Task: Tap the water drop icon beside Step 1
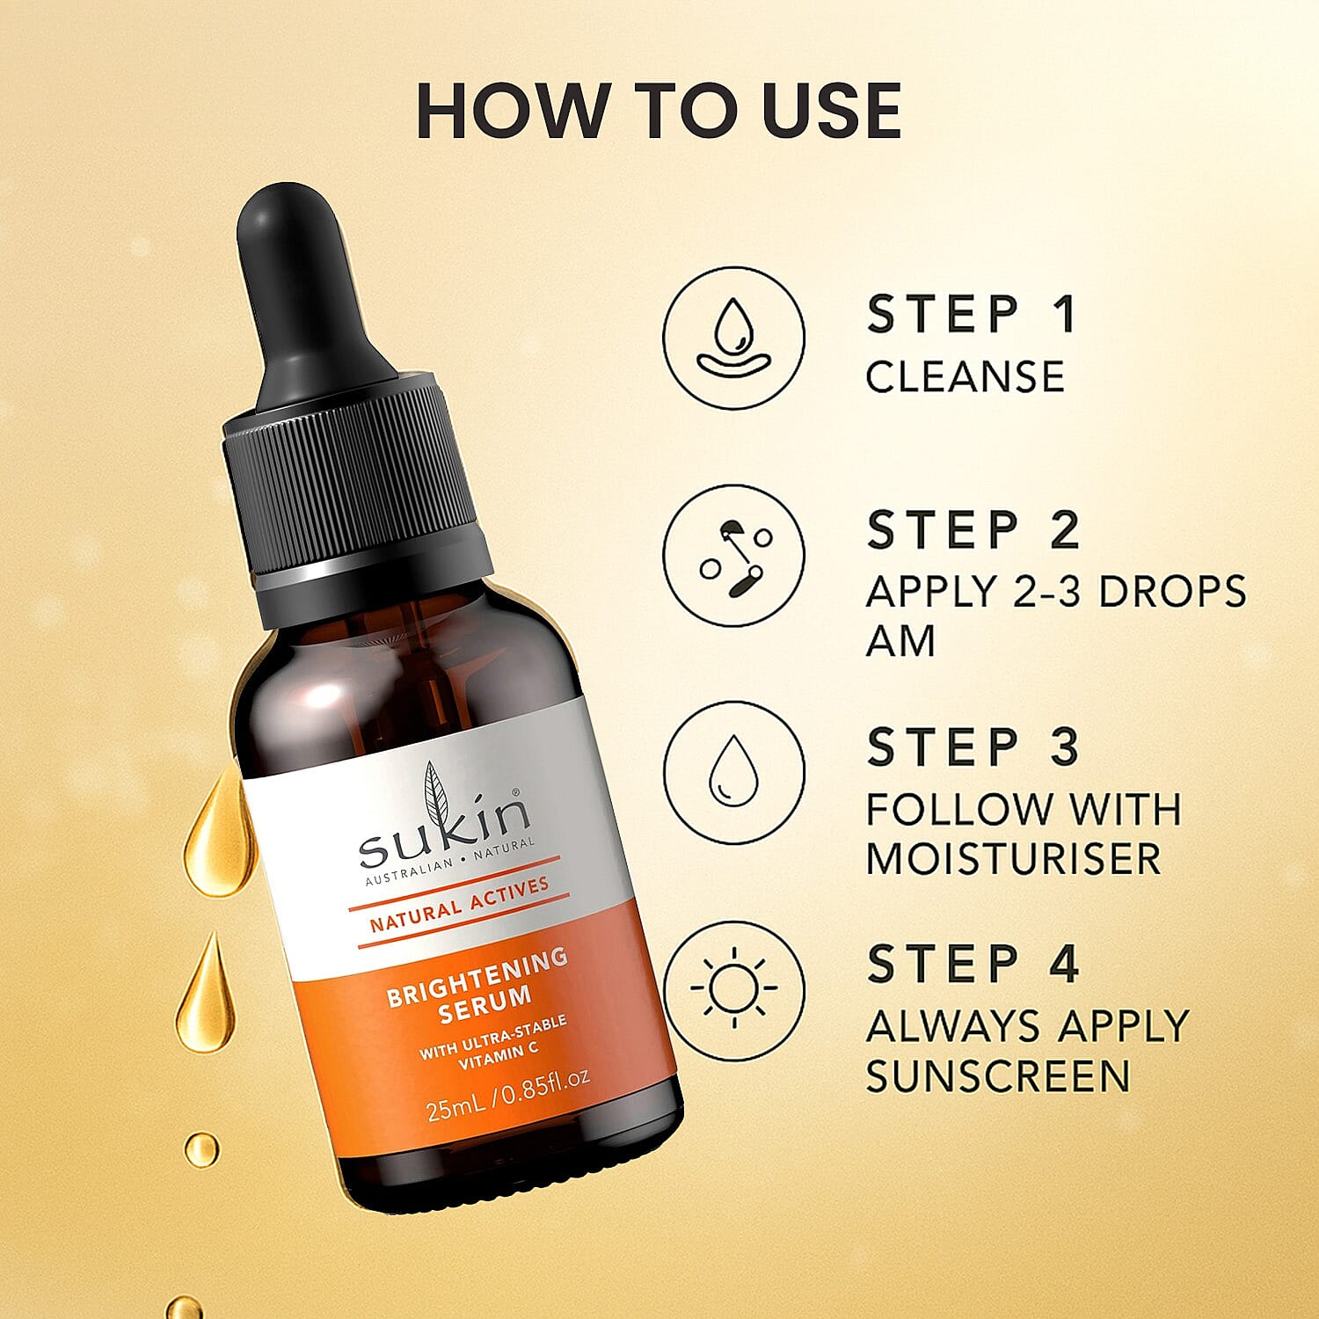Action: tap(733, 339)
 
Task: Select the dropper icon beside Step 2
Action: tap(733, 556)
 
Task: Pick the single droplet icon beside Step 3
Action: tap(733, 772)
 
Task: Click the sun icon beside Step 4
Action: tap(733, 989)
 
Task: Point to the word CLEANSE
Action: tap(965, 377)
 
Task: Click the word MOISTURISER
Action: tap(1013, 859)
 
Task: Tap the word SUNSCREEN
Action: tap(997, 1076)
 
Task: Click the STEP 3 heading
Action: tap(973, 747)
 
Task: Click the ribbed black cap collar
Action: tap(352, 492)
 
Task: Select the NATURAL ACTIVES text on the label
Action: tap(459, 904)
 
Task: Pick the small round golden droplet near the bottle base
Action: tap(201, 1148)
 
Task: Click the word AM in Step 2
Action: tap(900, 640)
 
